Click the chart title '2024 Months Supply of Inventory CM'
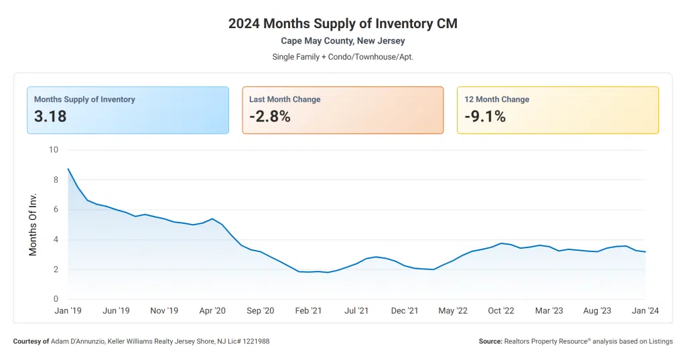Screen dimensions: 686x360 pyautogui.click(x=342, y=23)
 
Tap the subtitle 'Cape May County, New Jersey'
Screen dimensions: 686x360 pyautogui.click(x=342, y=41)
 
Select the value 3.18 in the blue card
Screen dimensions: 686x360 pyautogui.click(x=50, y=117)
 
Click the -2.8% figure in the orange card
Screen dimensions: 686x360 pyautogui.click(x=270, y=117)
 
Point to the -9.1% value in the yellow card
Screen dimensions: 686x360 pyautogui.click(x=485, y=117)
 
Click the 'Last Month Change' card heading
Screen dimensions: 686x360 pyautogui.click(x=285, y=99)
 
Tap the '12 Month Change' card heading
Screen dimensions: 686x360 pyautogui.click(x=496, y=99)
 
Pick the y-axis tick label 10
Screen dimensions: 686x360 pyautogui.click(x=54, y=149)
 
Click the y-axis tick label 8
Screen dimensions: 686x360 pyautogui.click(x=56, y=180)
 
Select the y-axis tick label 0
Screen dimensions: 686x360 pyautogui.click(x=56, y=299)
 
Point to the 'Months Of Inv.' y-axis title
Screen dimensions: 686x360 pyautogui.click(x=33, y=224)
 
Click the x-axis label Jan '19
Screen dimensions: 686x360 pyautogui.click(x=68, y=310)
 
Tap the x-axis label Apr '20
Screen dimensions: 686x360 pyautogui.click(x=212, y=310)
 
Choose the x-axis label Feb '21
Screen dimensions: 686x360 pyautogui.click(x=308, y=310)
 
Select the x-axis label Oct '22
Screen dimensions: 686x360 pyautogui.click(x=501, y=310)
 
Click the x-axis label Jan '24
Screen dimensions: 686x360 pyautogui.click(x=645, y=310)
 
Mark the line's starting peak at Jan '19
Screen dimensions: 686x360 pyautogui.click(x=68, y=169)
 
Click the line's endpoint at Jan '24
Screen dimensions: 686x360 pyautogui.click(x=645, y=252)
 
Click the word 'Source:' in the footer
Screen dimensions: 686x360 pyautogui.click(x=490, y=341)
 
